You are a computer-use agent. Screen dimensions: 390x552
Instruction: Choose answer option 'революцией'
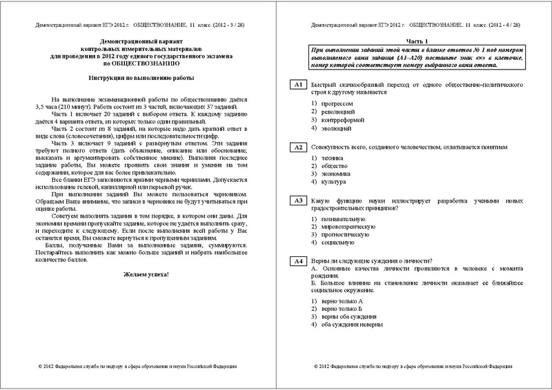click(x=337, y=111)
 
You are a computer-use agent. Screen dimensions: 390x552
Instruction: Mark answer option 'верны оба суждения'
click(x=349, y=315)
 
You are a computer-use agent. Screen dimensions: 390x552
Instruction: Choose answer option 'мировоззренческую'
click(x=348, y=226)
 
